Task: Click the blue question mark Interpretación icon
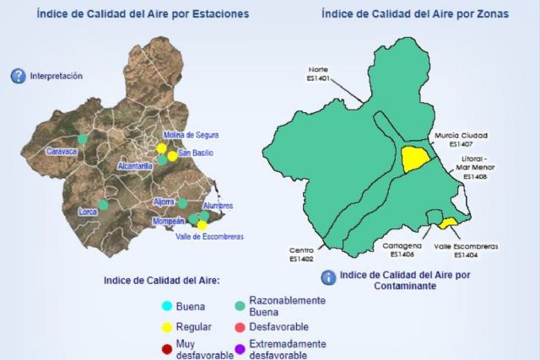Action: point(19,76)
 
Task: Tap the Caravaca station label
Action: point(61,152)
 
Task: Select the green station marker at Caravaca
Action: point(83,139)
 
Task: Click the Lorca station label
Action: point(89,212)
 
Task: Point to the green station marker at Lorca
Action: point(103,204)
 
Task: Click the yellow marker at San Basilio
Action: point(172,155)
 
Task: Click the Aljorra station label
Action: point(164,202)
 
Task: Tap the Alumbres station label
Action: point(218,206)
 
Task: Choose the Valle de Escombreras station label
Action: point(209,237)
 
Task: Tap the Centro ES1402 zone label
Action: point(301,254)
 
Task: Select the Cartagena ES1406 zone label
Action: point(397,250)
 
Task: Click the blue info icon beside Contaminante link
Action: point(328,277)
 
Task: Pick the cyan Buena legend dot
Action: point(166,306)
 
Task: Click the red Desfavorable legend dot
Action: point(240,327)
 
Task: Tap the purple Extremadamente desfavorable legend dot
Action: point(240,349)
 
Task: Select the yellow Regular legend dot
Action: point(166,327)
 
